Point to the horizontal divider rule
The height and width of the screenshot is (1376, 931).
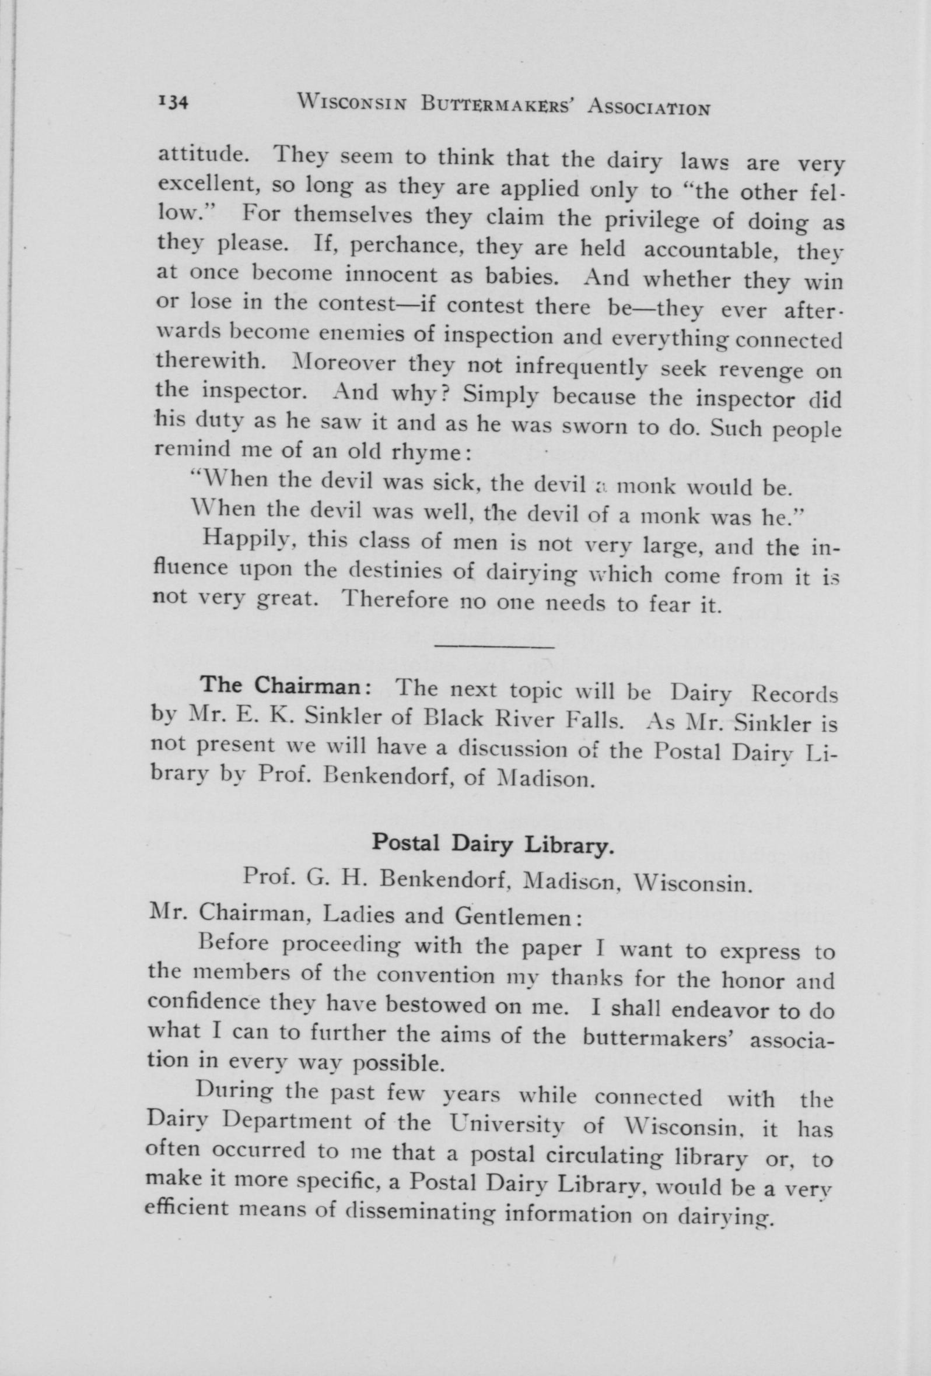[494, 647]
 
